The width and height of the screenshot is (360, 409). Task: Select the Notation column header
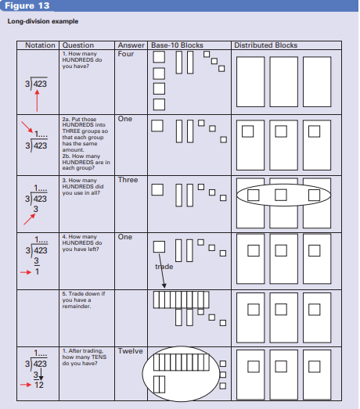(x=40, y=45)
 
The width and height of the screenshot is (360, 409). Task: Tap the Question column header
(x=77, y=45)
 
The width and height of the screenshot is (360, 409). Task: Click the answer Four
(x=125, y=54)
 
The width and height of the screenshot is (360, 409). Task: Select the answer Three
(x=128, y=180)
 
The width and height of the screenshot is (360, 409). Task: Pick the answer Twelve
(x=130, y=351)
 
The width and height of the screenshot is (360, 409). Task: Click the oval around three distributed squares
(x=283, y=194)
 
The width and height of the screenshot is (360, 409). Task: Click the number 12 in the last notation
(x=38, y=386)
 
